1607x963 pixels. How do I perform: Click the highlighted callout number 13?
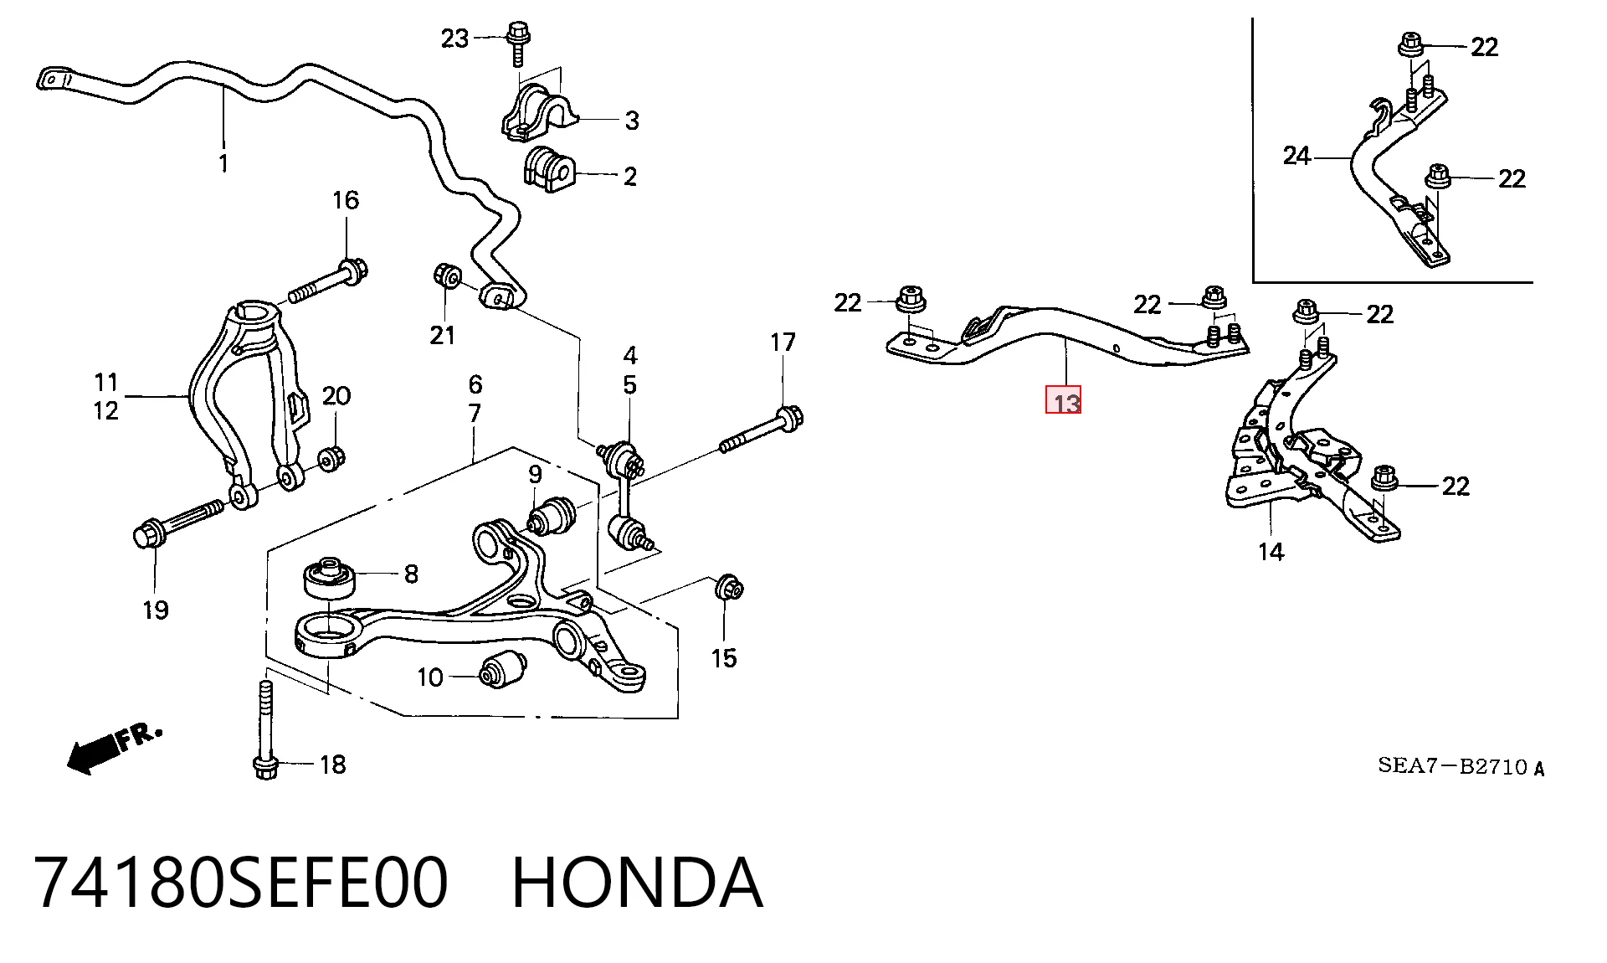[1063, 400]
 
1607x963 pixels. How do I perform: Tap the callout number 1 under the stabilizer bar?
[223, 162]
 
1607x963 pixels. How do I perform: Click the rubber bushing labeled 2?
[548, 169]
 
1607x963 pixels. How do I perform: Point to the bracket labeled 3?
[539, 116]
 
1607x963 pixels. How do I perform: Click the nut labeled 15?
[729, 588]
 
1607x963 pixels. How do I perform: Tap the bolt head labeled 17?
[788, 416]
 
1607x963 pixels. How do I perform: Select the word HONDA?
[637, 883]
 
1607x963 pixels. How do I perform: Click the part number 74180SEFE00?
[242, 883]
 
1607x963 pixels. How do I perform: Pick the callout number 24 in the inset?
[1296, 156]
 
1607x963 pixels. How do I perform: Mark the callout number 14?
[1271, 552]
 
